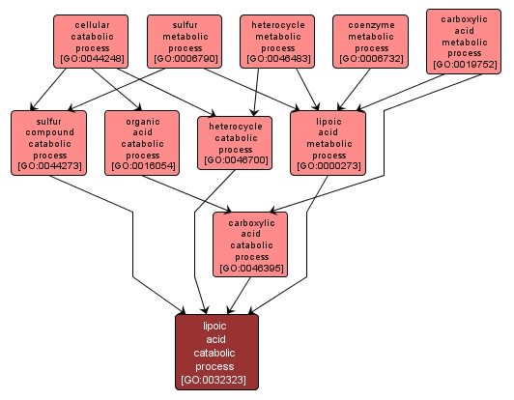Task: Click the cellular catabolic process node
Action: point(92,41)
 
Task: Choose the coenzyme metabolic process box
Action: point(371,41)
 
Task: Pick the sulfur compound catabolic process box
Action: point(49,142)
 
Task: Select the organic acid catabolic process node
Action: point(142,142)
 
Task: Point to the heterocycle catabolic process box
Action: point(235,142)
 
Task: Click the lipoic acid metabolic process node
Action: point(328,142)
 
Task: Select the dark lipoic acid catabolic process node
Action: point(214,352)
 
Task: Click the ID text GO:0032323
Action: point(214,381)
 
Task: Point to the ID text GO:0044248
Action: point(92,59)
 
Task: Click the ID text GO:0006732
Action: point(371,59)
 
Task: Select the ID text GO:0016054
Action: point(142,167)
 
